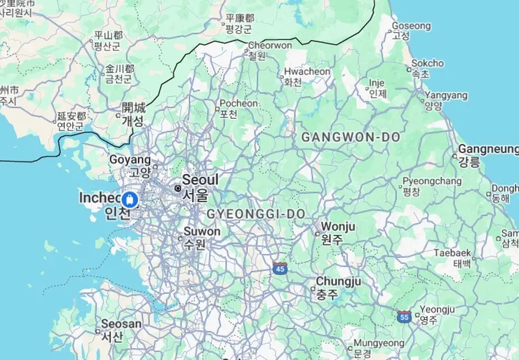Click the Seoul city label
click(200, 180)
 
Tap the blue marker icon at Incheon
click(129, 200)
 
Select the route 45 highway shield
click(280, 268)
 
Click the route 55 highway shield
click(404, 316)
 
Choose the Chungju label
click(337, 281)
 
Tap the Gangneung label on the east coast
click(488, 149)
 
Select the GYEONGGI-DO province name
click(256, 213)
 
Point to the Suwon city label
click(202, 232)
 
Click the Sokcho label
click(427, 63)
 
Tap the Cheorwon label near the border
click(270, 46)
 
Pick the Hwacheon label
click(306, 72)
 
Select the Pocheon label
click(238, 103)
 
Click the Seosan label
click(121, 324)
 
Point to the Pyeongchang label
click(432, 181)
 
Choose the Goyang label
click(130, 160)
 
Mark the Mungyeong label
click(379, 343)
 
